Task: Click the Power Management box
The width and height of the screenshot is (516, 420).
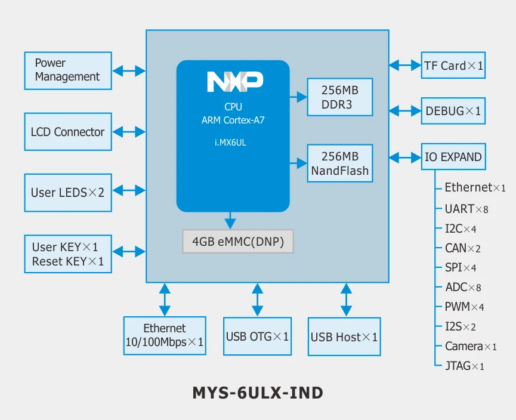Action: pyautogui.click(x=67, y=70)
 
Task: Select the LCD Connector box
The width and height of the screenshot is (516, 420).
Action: pyautogui.click(x=67, y=132)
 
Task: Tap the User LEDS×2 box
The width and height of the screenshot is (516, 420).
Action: pyautogui.click(x=67, y=193)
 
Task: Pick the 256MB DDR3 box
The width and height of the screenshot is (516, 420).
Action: pyautogui.click(x=340, y=97)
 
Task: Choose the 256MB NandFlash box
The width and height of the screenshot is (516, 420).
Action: pyautogui.click(x=340, y=164)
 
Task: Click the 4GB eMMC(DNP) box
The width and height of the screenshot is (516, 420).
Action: pyautogui.click(x=238, y=242)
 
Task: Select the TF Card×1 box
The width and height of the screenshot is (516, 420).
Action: pyautogui.click(x=453, y=66)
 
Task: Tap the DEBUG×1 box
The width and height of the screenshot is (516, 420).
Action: pyautogui.click(x=453, y=111)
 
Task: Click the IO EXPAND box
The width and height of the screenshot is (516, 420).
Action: pyautogui.click(x=453, y=157)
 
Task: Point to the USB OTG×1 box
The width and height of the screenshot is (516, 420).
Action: pyautogui.click(x=257, y=336)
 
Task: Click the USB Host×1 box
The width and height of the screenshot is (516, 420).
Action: pyautogui.click(x=344, y=337)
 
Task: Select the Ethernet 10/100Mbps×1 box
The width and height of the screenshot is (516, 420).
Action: pyautogui.click(x=165, y=336)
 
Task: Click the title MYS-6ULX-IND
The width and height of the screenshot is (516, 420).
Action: pyautogui.click(x=258, y=393)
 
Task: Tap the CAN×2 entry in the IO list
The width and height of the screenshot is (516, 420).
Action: pyautogui.click(x=462, y=248)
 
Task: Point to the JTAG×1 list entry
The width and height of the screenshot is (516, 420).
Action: pyautogui.click(x=464, y=366)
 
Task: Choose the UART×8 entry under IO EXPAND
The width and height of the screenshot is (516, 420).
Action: pyautogui.click(x=466, y=209)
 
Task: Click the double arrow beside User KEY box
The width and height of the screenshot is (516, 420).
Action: pyautogui.click(x=129, y=252)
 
